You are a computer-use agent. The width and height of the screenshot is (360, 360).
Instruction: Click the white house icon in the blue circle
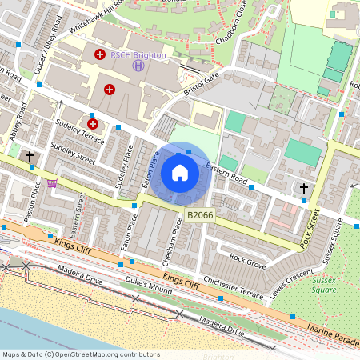coord(180,173)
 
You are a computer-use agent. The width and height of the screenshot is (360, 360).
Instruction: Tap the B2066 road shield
coord(199,216)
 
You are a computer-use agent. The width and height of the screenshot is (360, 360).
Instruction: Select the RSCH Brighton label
coord(138,55)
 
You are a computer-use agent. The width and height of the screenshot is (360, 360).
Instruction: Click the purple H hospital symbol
coord(139,66)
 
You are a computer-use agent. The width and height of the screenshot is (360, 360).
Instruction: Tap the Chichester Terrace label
coord(234,287)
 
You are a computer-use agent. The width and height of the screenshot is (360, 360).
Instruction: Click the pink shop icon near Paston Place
coord(52,182)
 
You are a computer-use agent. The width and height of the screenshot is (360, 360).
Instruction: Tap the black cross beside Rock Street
coord(303,189)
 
